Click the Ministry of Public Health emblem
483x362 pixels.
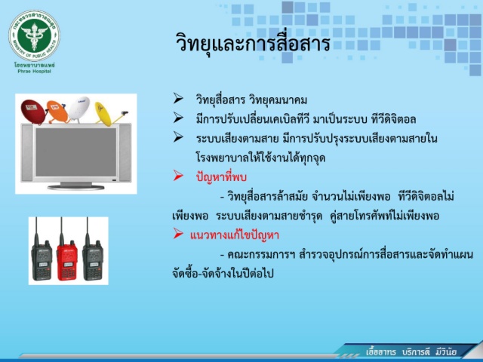tap(34, 35)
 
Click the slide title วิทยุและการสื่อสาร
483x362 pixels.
tap(254, 44)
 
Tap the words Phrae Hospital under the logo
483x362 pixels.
tap(34, 72)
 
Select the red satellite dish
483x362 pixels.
tap(33, 112)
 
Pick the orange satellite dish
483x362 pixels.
tap(57, 112)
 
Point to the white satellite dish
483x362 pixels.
tap(78, 109)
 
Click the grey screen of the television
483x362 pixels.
tap(75, 152)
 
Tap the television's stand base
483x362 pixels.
tap(75, 186)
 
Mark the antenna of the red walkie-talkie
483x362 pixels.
tap(61, 230)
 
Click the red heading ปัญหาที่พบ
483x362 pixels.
tap(221, 177)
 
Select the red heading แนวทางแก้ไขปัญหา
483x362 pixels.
tap(235, 235)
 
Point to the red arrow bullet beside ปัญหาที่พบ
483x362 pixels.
tap(178, 176)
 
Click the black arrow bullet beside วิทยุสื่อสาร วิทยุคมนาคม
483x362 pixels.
tap(178, 98)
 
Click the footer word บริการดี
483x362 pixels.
tap(416, 352)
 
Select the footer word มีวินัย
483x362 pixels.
tap(446, 352)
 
